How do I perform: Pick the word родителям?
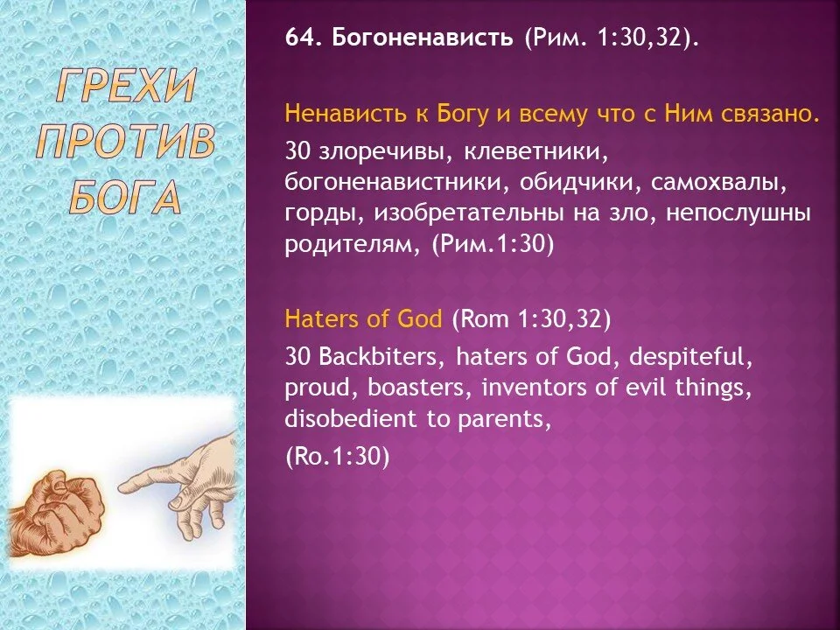353,245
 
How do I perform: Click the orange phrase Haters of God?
363,319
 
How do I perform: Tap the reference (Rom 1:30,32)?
531,319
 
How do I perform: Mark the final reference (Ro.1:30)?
338,456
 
